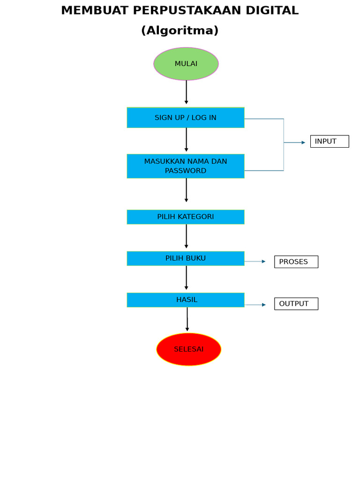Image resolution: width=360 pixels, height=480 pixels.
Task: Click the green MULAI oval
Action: (186, 64)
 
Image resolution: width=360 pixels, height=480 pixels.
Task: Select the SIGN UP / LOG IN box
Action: (186, 118)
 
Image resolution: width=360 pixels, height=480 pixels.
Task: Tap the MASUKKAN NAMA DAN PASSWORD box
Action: (186, 166)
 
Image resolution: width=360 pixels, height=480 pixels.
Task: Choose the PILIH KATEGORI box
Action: (186, 217)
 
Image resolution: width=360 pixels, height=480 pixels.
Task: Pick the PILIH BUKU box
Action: (186, 258)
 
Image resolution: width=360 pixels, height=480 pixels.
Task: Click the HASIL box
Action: (186, 300)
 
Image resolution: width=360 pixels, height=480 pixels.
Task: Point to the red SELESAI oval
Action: (189, 349)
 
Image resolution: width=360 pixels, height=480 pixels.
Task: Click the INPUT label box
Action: (330, 142)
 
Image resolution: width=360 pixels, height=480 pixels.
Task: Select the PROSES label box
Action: (296, 262)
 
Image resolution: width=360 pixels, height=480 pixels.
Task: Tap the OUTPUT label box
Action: (296, 304)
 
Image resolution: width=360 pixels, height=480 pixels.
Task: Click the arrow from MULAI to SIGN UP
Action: (186, 92)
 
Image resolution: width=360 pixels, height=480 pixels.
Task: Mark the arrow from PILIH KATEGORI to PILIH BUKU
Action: (186, 236)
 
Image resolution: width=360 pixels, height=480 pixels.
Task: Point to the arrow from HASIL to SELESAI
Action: (187, 319)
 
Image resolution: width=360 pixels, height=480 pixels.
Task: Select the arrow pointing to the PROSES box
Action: (255, 262)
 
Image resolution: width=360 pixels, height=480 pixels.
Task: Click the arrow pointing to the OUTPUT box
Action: (255, 305)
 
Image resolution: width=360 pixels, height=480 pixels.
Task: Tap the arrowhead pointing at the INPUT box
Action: (303, 142)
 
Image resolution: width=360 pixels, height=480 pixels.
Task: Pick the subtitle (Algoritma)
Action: (180, 30)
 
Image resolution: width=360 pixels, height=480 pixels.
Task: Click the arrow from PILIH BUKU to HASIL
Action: (186, 278)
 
